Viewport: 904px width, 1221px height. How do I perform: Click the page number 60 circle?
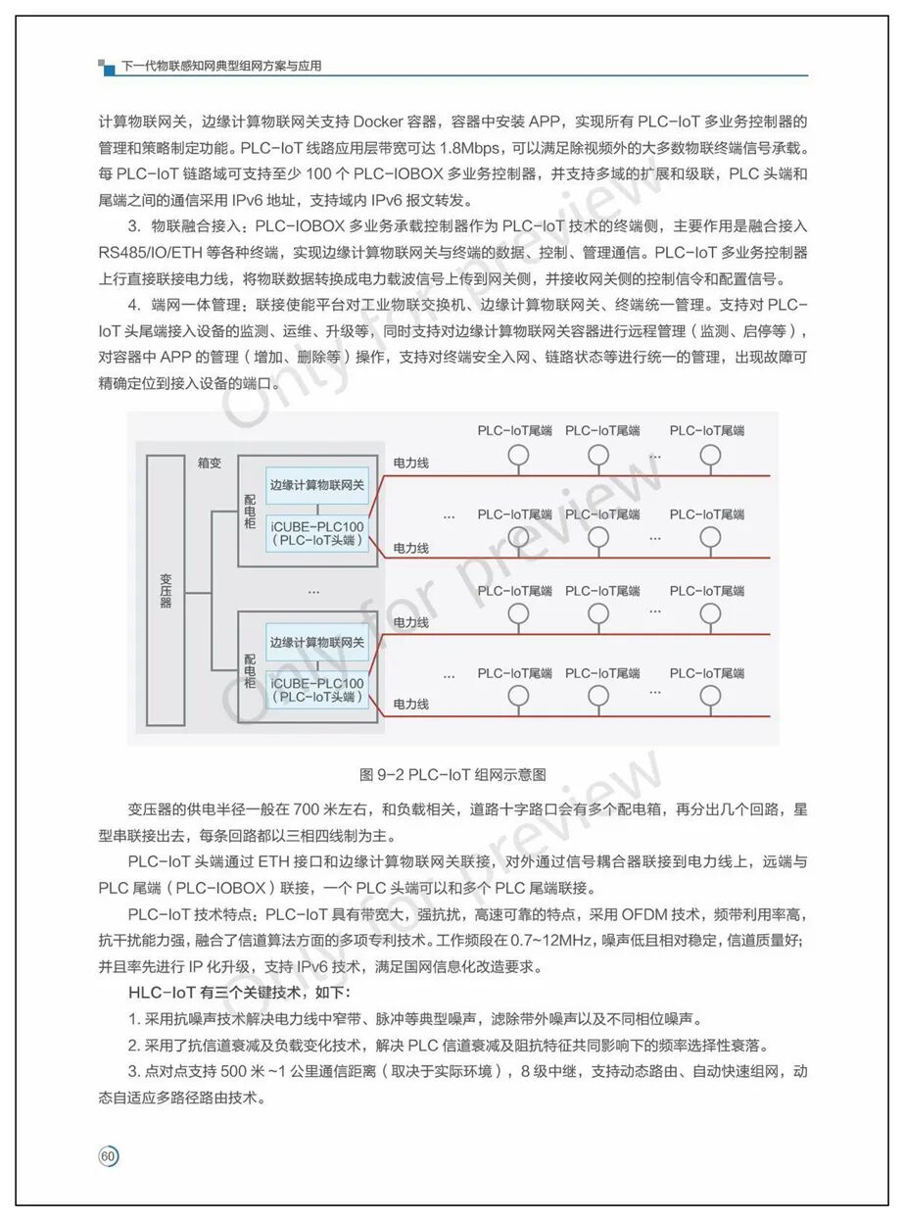point(109,1156)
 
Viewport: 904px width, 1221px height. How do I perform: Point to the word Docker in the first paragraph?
point(380,122)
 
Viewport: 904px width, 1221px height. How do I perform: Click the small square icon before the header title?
point(105,66)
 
